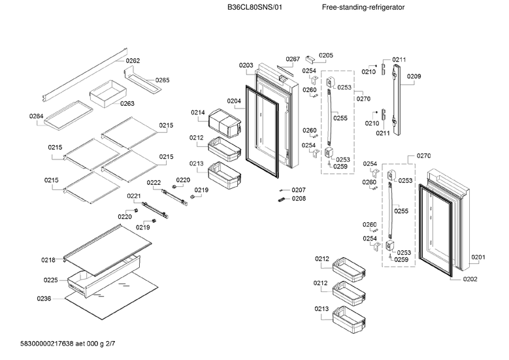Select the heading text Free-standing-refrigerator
coord(363,7)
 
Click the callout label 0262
coord(133,61)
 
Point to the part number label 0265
coord(162,80)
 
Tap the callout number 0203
coord(246,65)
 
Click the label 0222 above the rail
coord(154,182)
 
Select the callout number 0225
coord(51,280)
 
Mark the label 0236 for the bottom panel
coord(44,299)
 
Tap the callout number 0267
coord(293,59)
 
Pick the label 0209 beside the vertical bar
coord(414,76)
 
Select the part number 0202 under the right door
coord(470,279)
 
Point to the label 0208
coord(299,199)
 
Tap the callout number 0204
coord(234,101)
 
